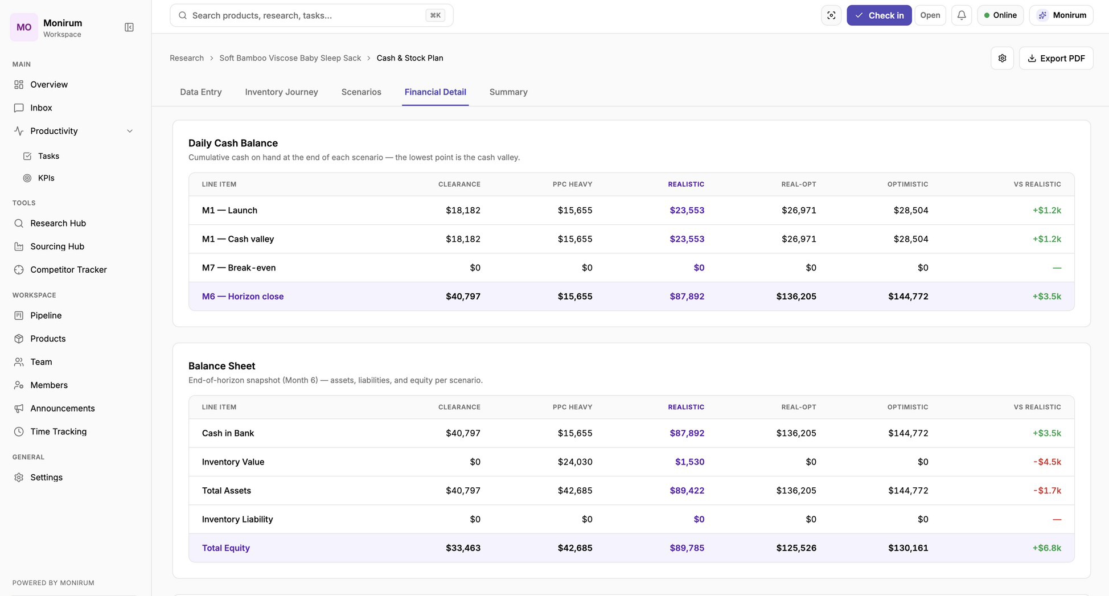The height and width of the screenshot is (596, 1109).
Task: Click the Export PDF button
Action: click(x=1055, y=58)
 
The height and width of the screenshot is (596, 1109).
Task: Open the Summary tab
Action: click(x=508, y=92)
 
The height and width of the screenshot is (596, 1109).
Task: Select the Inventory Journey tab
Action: click(x=281, y=92)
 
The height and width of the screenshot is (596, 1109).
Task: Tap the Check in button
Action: click(x=879, y=15)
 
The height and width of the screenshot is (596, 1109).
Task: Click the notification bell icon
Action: click(x=962, y=15)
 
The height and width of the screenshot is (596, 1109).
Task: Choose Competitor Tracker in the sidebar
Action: click(x=68, y=270)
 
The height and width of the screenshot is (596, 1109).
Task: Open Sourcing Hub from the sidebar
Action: click(x=57, y=246)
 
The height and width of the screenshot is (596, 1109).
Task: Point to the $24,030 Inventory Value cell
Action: click(x=575, y=462)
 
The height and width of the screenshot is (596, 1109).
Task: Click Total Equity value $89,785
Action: click(x=687, y=548)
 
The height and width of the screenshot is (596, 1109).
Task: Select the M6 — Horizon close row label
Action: click(x=243, y=296)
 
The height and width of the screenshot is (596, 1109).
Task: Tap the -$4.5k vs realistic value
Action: click(x=1047, y=462)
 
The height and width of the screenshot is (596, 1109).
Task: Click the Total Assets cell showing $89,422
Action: click(x=687, y=490)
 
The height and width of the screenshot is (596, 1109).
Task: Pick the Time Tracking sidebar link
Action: click(x=58, y=431)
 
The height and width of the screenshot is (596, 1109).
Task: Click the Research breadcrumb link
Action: click(x=187, y=58)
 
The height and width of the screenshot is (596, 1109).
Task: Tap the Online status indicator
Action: click(x=1000, y=15)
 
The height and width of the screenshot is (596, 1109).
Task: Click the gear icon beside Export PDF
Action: click(x=1002, y=58)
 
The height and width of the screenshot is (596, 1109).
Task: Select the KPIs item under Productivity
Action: click(x=46, y=178)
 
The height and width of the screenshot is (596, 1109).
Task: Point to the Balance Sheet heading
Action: click(x=221, y=366)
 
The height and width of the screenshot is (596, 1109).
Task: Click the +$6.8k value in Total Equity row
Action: click(x=1047, y=548)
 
